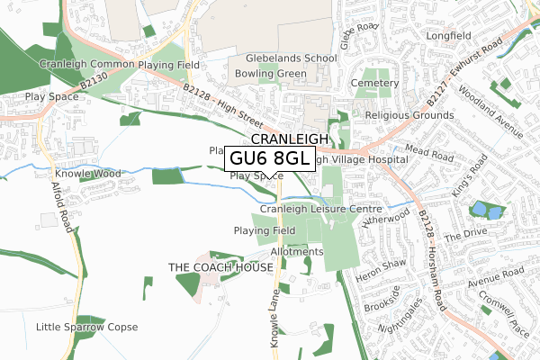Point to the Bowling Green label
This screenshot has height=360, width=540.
pyautogui.click(x=264, y=73)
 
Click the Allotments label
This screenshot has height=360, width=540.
pyautogui.click(x=296, y=251)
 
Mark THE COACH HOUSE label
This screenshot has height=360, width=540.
pyautogui.click(x=220, y=268)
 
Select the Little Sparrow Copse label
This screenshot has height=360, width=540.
pyautogui.click(x=86, y=327)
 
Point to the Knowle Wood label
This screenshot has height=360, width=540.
pyautogui.click(x=87, y=174)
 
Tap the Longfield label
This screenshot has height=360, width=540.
pyautogui.click(x=450, y=37)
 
